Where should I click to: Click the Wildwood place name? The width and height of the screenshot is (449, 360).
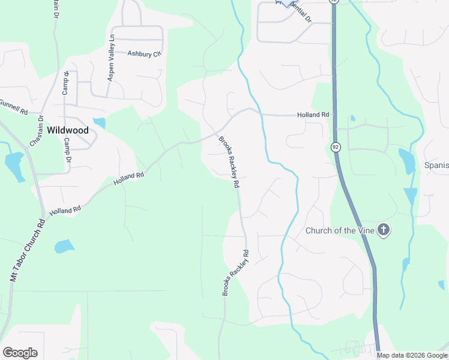[x=67, y=130]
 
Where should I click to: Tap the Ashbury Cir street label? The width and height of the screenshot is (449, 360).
[x=145, y=54]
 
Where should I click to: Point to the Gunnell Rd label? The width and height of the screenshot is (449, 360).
[x=13, y=107]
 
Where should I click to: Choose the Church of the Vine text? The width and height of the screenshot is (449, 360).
[x=340, y=230]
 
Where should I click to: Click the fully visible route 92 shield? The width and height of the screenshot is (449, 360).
[x=335, y=147]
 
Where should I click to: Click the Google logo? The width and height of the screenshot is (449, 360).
[x=20, y=352]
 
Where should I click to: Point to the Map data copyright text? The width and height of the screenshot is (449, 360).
[x=412, y=355]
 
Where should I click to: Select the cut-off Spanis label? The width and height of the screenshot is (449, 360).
[x=436, y=165]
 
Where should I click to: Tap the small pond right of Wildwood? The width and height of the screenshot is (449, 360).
[x=100, y=124]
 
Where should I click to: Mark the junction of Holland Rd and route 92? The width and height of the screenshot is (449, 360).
[x=334, y=115]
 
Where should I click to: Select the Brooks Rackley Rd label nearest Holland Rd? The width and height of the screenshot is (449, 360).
[x=230, y=162]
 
